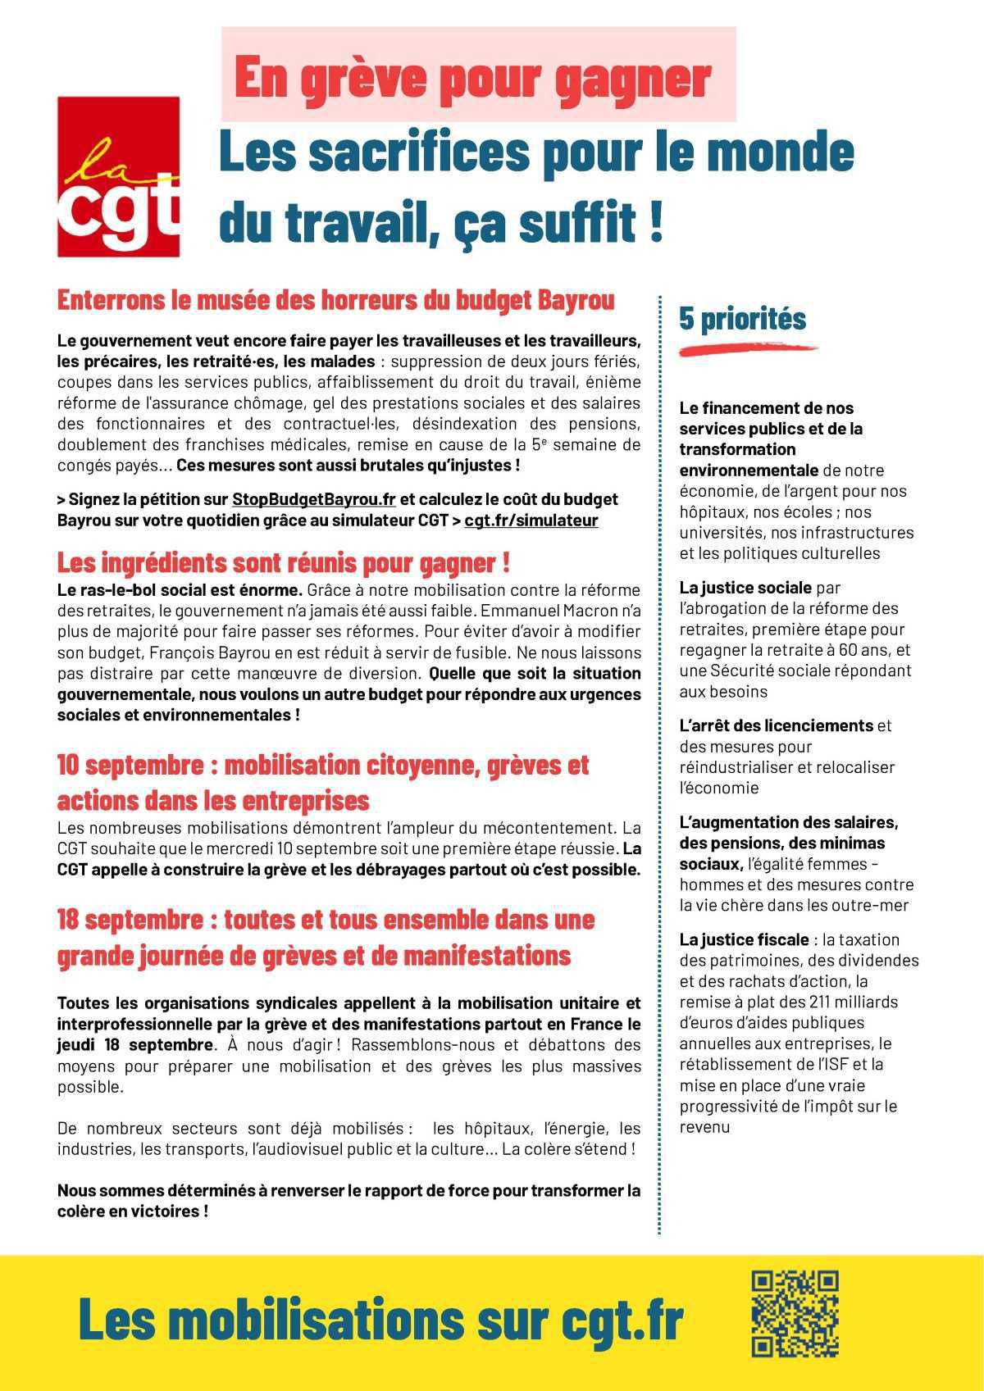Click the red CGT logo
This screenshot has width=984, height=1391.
[x=118, y=176]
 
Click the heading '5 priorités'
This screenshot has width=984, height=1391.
[x=742, y=318]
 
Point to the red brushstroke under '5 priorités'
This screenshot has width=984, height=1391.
[x=748, y=349]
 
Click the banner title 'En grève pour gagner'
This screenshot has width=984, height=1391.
[x=472, y=78]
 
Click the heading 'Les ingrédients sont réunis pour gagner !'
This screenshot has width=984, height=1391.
[x=284, y=563]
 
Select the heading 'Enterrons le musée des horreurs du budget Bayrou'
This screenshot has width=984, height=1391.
[x=335, y=300]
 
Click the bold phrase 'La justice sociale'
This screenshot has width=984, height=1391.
[x=745, y=588]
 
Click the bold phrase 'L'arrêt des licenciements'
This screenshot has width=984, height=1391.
[x=776, y=725]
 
